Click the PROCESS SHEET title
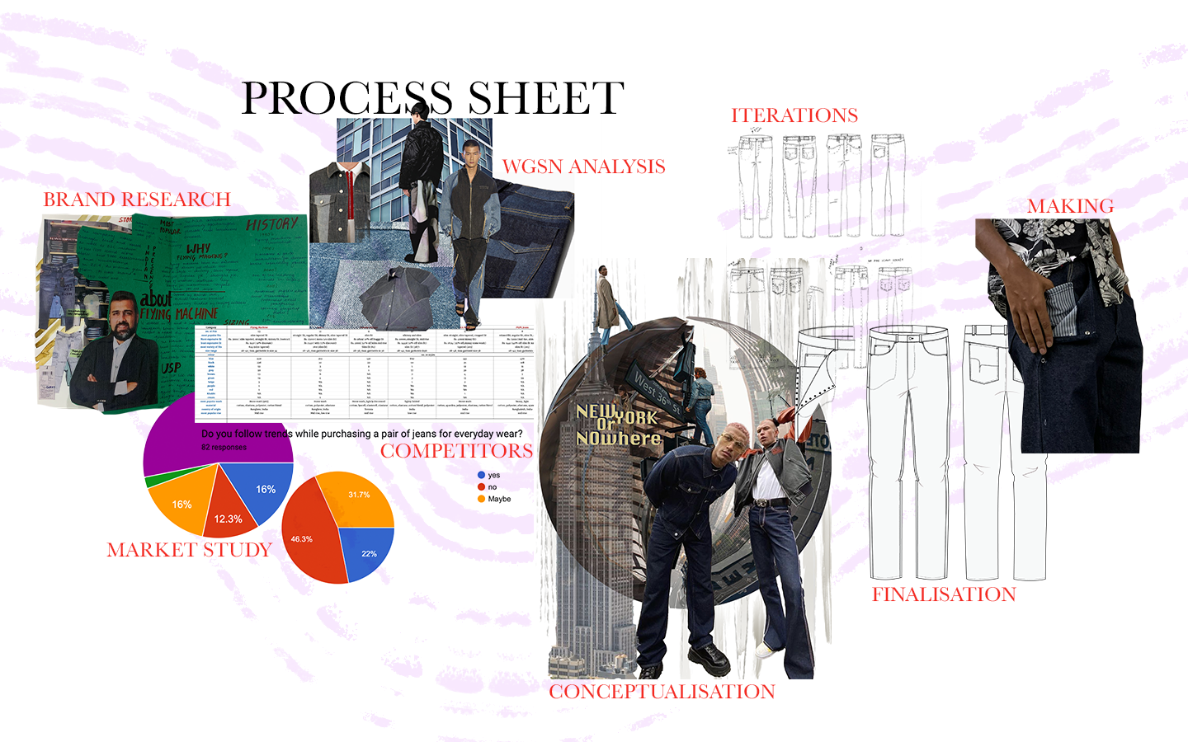point(432,99)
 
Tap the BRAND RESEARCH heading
point(137,200)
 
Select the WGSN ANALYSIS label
point(583,167)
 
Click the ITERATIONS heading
point(794,115)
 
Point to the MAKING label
point(1070,206)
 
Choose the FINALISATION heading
point(944,594)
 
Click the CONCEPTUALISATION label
point(662,692)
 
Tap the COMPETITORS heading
point(456,451)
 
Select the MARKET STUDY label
point(189,550)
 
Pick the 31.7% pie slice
point(361,497)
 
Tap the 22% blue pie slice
point(368,552)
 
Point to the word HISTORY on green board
point(271,223)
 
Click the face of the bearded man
point(122,318)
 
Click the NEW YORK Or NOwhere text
point(618,425)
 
